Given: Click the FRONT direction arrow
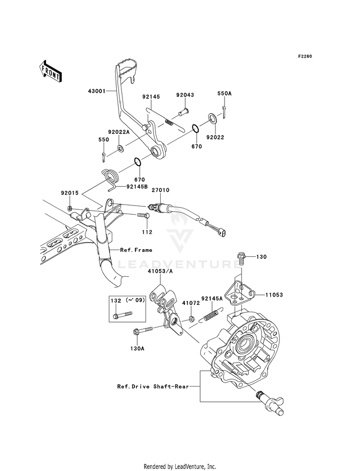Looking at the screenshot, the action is point(50,71).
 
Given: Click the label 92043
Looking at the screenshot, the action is point(185,95).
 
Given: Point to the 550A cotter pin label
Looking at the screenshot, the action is point(225,94).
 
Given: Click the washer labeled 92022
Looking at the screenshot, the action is point(212,119).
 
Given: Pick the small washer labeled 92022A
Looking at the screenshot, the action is point(120,148).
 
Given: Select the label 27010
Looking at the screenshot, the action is point(160,190).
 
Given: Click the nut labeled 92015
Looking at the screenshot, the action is point(69,207).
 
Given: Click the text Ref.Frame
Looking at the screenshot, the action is point(136,250).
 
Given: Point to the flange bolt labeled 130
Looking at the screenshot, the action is point(240,258).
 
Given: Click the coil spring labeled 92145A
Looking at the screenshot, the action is point(212,314).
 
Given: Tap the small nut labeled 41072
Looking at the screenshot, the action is point(191,318).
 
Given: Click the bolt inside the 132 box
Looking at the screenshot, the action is point(123,315).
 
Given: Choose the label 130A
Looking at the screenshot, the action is point(137,349).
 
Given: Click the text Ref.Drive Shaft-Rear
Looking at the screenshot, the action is point(153,386).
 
